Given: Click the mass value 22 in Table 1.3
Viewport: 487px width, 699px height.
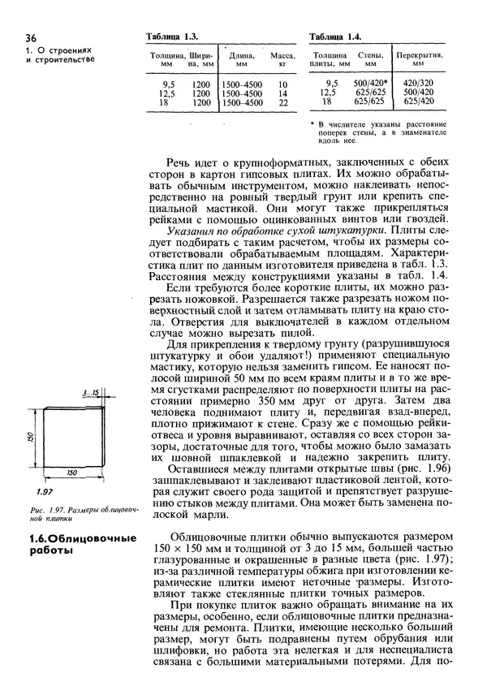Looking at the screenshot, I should [283, 103].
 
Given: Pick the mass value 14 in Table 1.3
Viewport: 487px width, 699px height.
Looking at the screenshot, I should [283, 93].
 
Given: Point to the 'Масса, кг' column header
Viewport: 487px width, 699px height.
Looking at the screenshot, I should [282, 59].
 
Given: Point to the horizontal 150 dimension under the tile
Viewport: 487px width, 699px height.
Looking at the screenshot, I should [71, 471].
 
